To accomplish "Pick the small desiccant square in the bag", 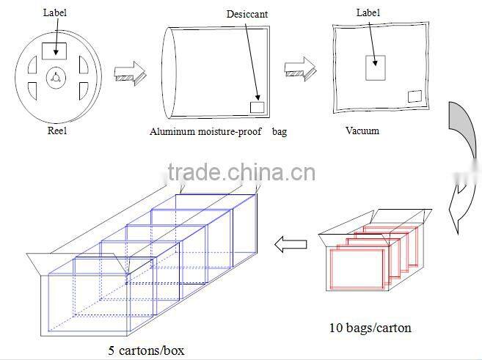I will coord(257,107).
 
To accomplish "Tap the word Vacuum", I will coord(362,131).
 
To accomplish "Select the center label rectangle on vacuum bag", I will coord(376,67).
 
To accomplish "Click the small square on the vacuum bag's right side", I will coord(415,96).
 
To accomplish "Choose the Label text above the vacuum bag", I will coord(368,12).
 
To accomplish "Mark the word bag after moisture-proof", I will coord(280,132).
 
